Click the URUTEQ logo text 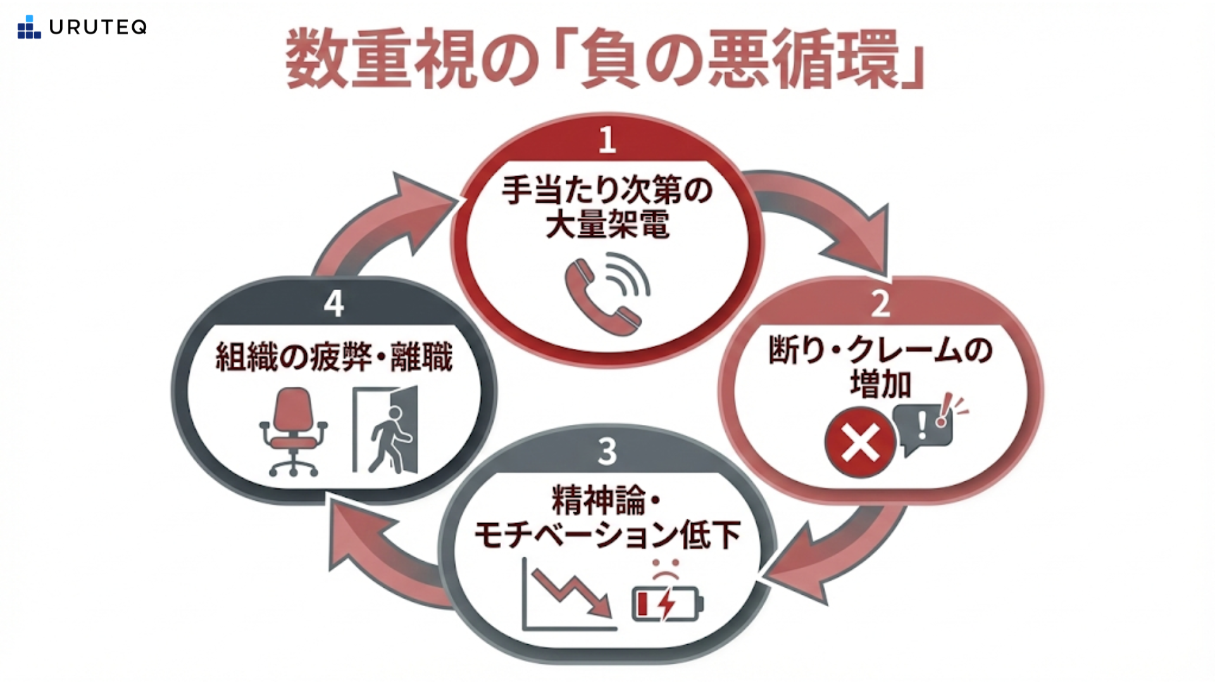point(97,27)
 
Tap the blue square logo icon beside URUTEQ point(28,27)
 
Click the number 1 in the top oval point(607,140)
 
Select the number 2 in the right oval point(880,304)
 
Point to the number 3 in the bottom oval point(607,452)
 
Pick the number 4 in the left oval point(333,304)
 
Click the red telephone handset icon point(600,295)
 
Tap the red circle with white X point(860,441)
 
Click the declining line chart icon point(568,594)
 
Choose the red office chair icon point(293,431)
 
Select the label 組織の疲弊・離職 point(334,357)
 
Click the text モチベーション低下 point(607,535)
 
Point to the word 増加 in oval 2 point(880,384)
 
